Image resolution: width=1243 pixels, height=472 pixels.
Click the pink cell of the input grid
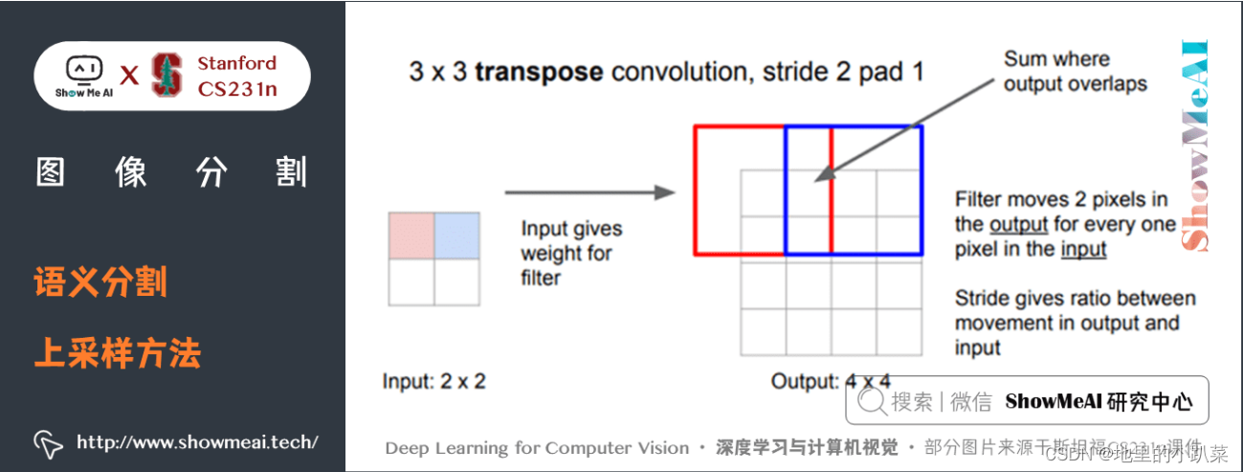pos(411,236)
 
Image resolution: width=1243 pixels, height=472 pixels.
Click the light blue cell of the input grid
pos(456,236)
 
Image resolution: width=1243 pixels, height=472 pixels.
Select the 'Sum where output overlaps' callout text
pos(1075,72)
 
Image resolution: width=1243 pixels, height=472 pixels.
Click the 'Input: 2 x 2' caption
pos(433,381)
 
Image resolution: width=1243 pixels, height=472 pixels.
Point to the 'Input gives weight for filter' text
pos(571,254)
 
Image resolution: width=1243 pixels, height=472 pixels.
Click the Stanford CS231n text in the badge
pos(236,77)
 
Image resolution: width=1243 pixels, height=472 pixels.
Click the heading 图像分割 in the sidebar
pos(171,172)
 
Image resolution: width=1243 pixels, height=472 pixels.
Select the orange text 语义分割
pos(100,282)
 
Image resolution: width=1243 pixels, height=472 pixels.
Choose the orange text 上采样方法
pos(118,354)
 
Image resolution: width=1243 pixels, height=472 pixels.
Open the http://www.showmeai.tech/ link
pos(196,441)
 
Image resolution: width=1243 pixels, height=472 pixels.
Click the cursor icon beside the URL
pos(48,442)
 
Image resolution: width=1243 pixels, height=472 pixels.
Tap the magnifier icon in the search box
pos(871,402)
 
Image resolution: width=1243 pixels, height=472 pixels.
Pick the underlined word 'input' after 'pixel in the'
pos(1083,250)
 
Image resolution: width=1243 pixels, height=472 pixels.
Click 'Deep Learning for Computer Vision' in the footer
pos(537,448)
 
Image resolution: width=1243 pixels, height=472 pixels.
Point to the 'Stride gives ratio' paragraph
pos(1075,323)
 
